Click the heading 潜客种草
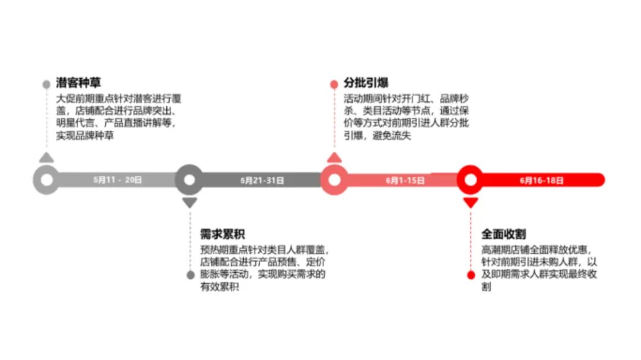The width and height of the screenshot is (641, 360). click(x=78, y=83)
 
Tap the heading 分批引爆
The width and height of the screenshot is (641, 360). click(x=366, y=83)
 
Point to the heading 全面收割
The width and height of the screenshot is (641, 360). click(x=503, y=233)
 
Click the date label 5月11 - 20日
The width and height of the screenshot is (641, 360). click(x=118, y=180)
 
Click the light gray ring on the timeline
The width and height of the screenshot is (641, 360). click(x=46, y=180)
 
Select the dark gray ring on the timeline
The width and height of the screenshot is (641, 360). click(x=189, y=180)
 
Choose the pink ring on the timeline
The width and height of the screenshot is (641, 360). click(x=334, y=180)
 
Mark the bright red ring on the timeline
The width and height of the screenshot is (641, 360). click(x=471, y=180)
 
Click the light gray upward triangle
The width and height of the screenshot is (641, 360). click(x=46, y=157)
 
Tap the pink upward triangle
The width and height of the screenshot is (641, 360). click(x=334, y=157)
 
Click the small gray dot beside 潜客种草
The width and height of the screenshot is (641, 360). click(x=46, y=84)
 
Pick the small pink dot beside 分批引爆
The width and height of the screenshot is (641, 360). click(x=334, y=84)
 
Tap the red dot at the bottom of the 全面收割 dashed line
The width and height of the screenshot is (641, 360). click(x=471, y=275)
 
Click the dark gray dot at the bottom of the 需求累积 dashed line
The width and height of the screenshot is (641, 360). click(x=190, y=275)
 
